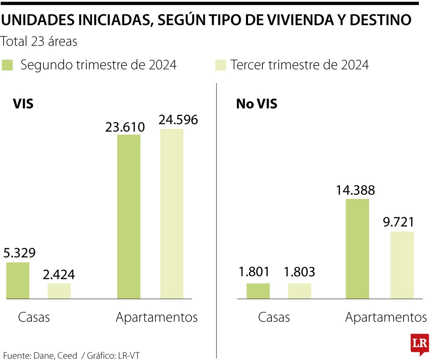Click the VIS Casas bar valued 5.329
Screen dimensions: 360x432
[17, 280]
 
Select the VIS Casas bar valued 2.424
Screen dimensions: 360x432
[59, 291]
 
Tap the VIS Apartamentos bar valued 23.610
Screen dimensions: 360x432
[129, 216]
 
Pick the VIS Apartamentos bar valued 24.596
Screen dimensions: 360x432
[172, 214]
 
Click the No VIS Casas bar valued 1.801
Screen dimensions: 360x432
[258, 291]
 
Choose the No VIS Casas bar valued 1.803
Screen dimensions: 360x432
[299, 291]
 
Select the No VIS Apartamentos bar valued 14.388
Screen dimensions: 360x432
[357, 248]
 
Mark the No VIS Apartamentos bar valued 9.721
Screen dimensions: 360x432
[402, 265]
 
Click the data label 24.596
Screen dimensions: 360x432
[178, 120]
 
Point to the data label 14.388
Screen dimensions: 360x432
[355, 190]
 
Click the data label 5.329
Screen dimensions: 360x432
[19, 253]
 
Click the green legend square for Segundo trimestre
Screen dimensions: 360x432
[8, 65]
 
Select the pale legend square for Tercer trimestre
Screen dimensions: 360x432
[221, 65]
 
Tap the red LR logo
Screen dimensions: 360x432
[420, 344]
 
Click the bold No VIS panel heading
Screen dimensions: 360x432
[256, 104]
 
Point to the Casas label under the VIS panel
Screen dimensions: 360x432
[34, 317]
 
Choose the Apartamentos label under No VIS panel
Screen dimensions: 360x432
[386, 317]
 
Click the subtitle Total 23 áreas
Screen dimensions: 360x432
[39, 41]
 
